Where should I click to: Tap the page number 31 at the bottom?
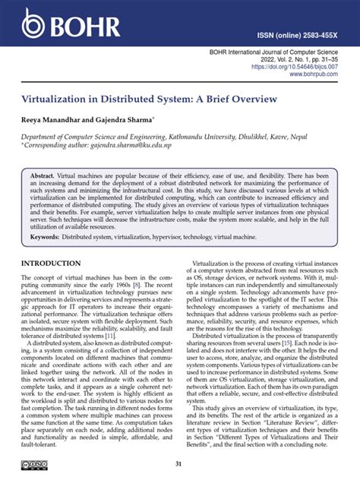[179, 466]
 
